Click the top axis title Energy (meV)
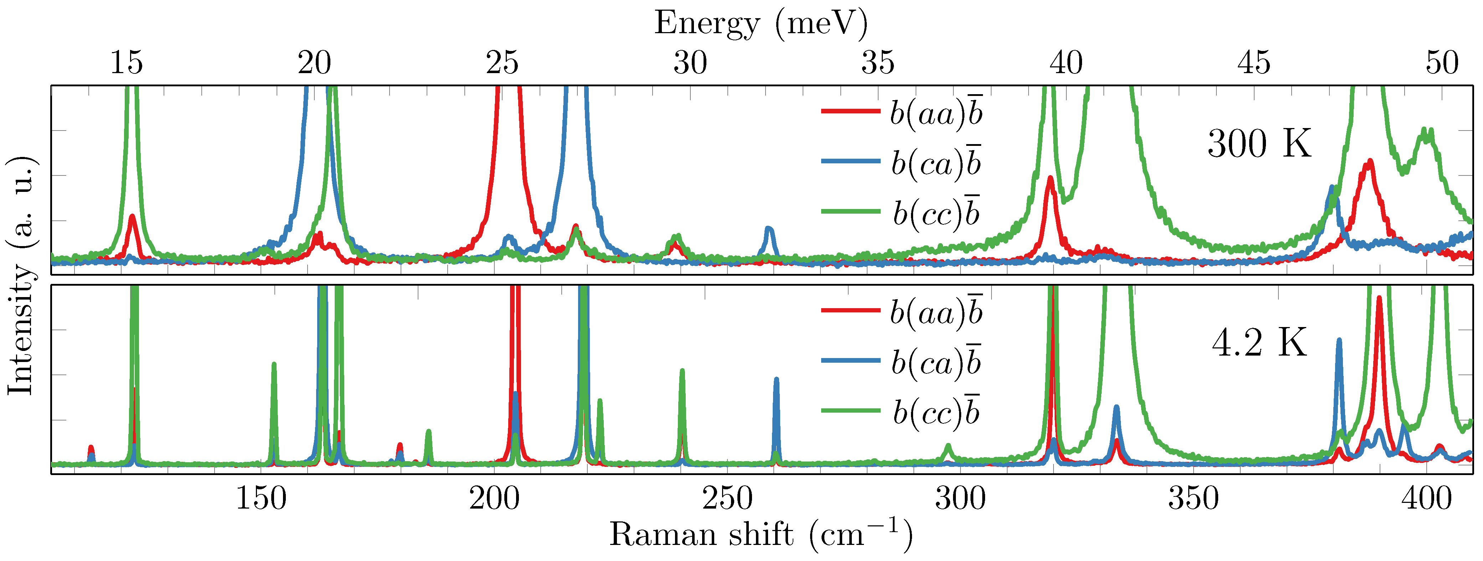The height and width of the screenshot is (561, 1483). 761,24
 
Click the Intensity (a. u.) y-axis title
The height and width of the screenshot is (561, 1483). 20,275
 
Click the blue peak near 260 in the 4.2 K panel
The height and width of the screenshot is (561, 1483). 776,380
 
